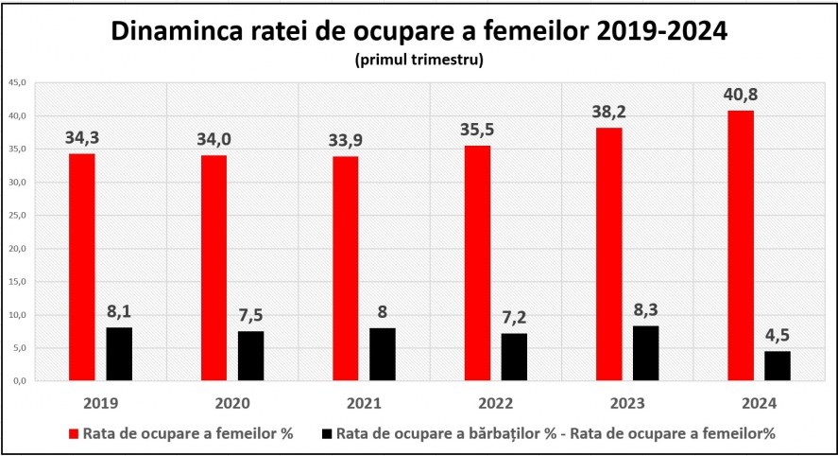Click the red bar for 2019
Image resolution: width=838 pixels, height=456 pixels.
(x=82, y=267)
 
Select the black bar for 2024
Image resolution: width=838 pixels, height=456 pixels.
(x=778, y=365)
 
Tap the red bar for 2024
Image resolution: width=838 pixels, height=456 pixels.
(x=742, y=246)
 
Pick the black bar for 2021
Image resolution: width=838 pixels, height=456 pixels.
(x=383, y=355)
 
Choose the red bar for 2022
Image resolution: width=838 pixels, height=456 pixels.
(x=477, y=263)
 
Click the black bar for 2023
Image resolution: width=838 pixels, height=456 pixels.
(x=646, y=353)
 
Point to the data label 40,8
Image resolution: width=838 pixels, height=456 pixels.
(x=741, y=95)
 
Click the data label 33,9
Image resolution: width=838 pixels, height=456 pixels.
(x=345, y=140)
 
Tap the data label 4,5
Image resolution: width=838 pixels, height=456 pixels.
(x=778, y=335)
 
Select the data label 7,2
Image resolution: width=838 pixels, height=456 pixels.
(x=514, y=317)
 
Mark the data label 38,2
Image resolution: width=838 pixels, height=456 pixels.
(x=608, y=112)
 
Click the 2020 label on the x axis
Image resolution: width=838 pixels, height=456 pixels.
(x=232, y=403)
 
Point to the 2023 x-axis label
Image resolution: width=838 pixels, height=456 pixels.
(x=627, y=403)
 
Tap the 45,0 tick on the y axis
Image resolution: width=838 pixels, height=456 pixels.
(x=17, y=82)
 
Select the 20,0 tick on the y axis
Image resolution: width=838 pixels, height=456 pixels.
(x=17, y=248)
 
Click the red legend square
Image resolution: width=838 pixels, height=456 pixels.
(x=74, y=433)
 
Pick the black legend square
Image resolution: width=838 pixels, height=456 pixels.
(x=327, y=433)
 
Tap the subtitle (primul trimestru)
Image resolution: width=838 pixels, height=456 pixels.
(x=419, y=60)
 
